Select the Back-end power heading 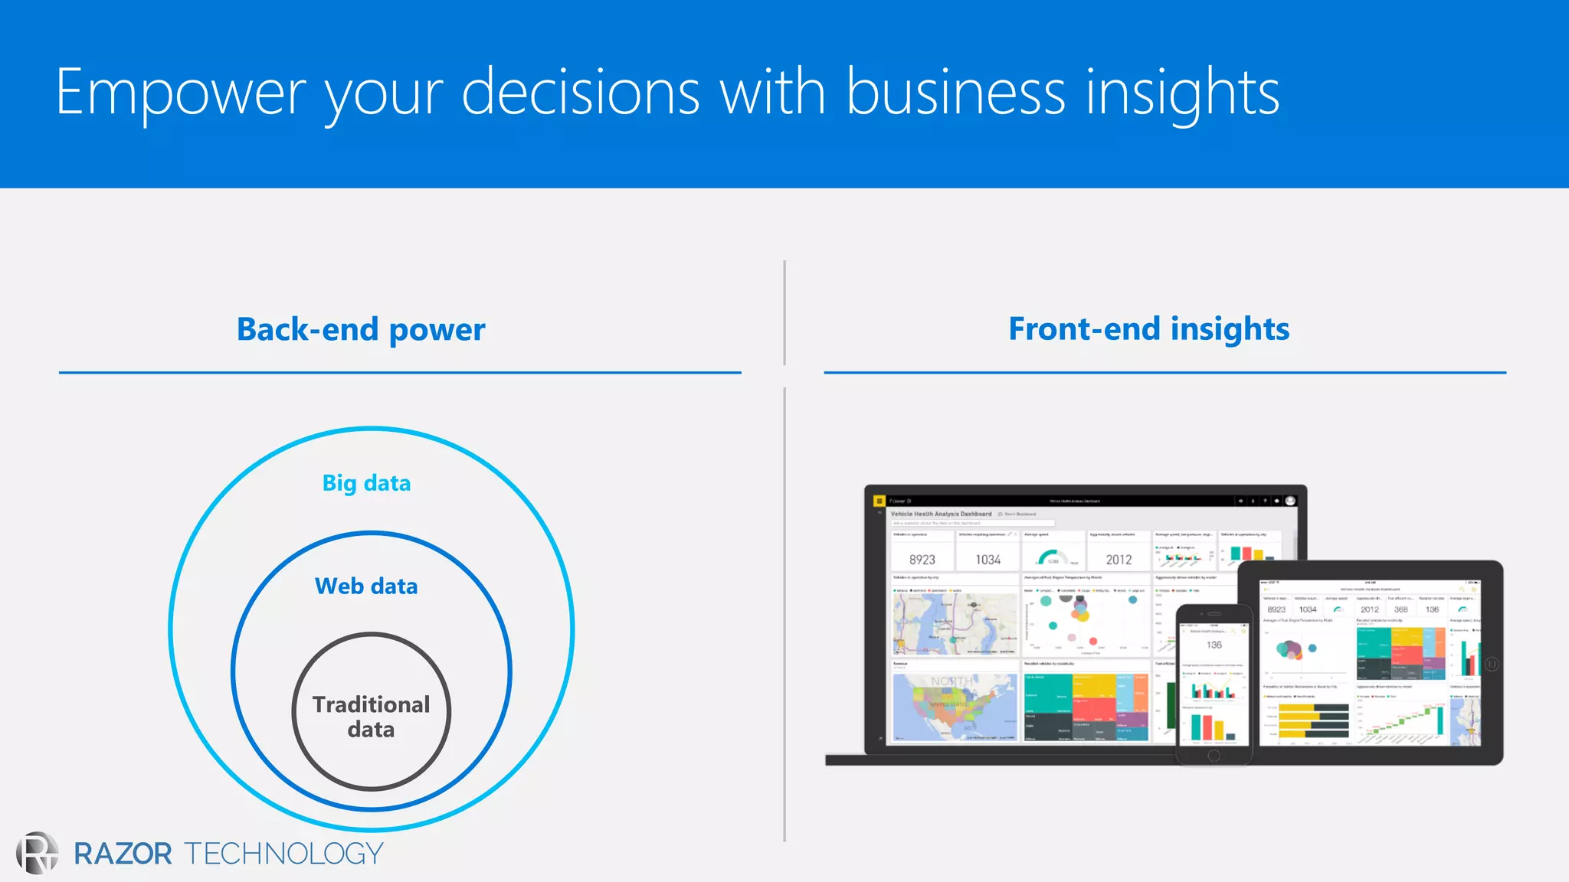point(361,330)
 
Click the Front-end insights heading point(1148,329)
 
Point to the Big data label point(366,483)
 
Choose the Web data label point(366,586)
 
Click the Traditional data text point(371,717)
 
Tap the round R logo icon point(37,853)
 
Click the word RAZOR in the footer point(123,854)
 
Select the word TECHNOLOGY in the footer point(283,854)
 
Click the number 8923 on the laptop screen point(922,560)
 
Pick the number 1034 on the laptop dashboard point(988,560)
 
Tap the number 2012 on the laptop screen point(1119,560)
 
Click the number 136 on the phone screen point(1214,645)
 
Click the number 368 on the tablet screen point(1400,609)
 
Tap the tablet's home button point(1491,664)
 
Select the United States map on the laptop point(955,707)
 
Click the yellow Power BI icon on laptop point(879,501)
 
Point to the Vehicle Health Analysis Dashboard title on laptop point(941,514)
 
